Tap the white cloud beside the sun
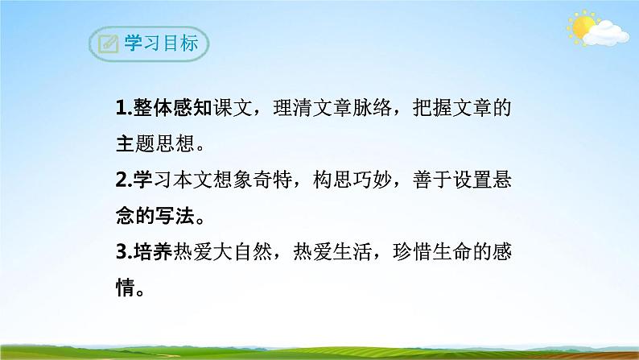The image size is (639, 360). tap(605, 33)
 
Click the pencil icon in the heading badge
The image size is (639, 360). tap(104, 44)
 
